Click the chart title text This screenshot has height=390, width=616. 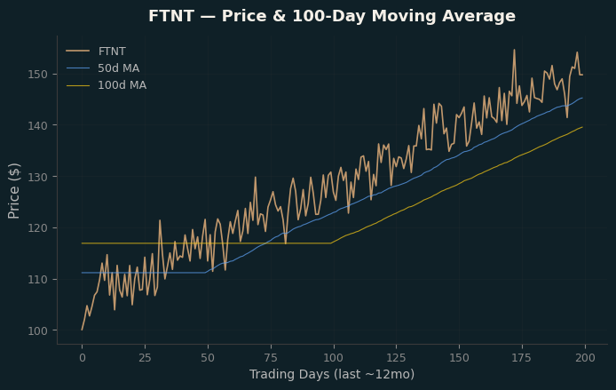coord(332,16)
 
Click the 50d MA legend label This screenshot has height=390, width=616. coord(118,68)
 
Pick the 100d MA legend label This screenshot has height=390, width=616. coord(122,85)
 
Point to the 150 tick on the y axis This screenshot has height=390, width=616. coord(37,74)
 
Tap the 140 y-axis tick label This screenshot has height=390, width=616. coord(37,125)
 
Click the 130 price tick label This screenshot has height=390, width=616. coord(37,177)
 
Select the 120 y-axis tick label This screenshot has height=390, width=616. coord(37,228)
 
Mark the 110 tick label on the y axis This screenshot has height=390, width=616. coord(37,280)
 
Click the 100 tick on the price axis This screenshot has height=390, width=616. coord(37,330)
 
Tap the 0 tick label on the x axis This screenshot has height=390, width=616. coord(83,358)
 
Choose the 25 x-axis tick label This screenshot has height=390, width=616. coord(145,358)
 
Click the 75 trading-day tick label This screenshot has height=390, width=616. coord(271,358)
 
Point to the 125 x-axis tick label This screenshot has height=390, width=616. coord(397,358)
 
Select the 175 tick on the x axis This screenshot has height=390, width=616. coord(522,358)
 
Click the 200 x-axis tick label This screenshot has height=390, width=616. coord(585,358)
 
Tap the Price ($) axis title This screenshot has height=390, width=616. coord(13,191)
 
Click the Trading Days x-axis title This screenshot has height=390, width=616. coord(332,374)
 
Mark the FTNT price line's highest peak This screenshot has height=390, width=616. coord(514,50)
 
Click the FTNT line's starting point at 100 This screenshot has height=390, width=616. coord(83,330)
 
